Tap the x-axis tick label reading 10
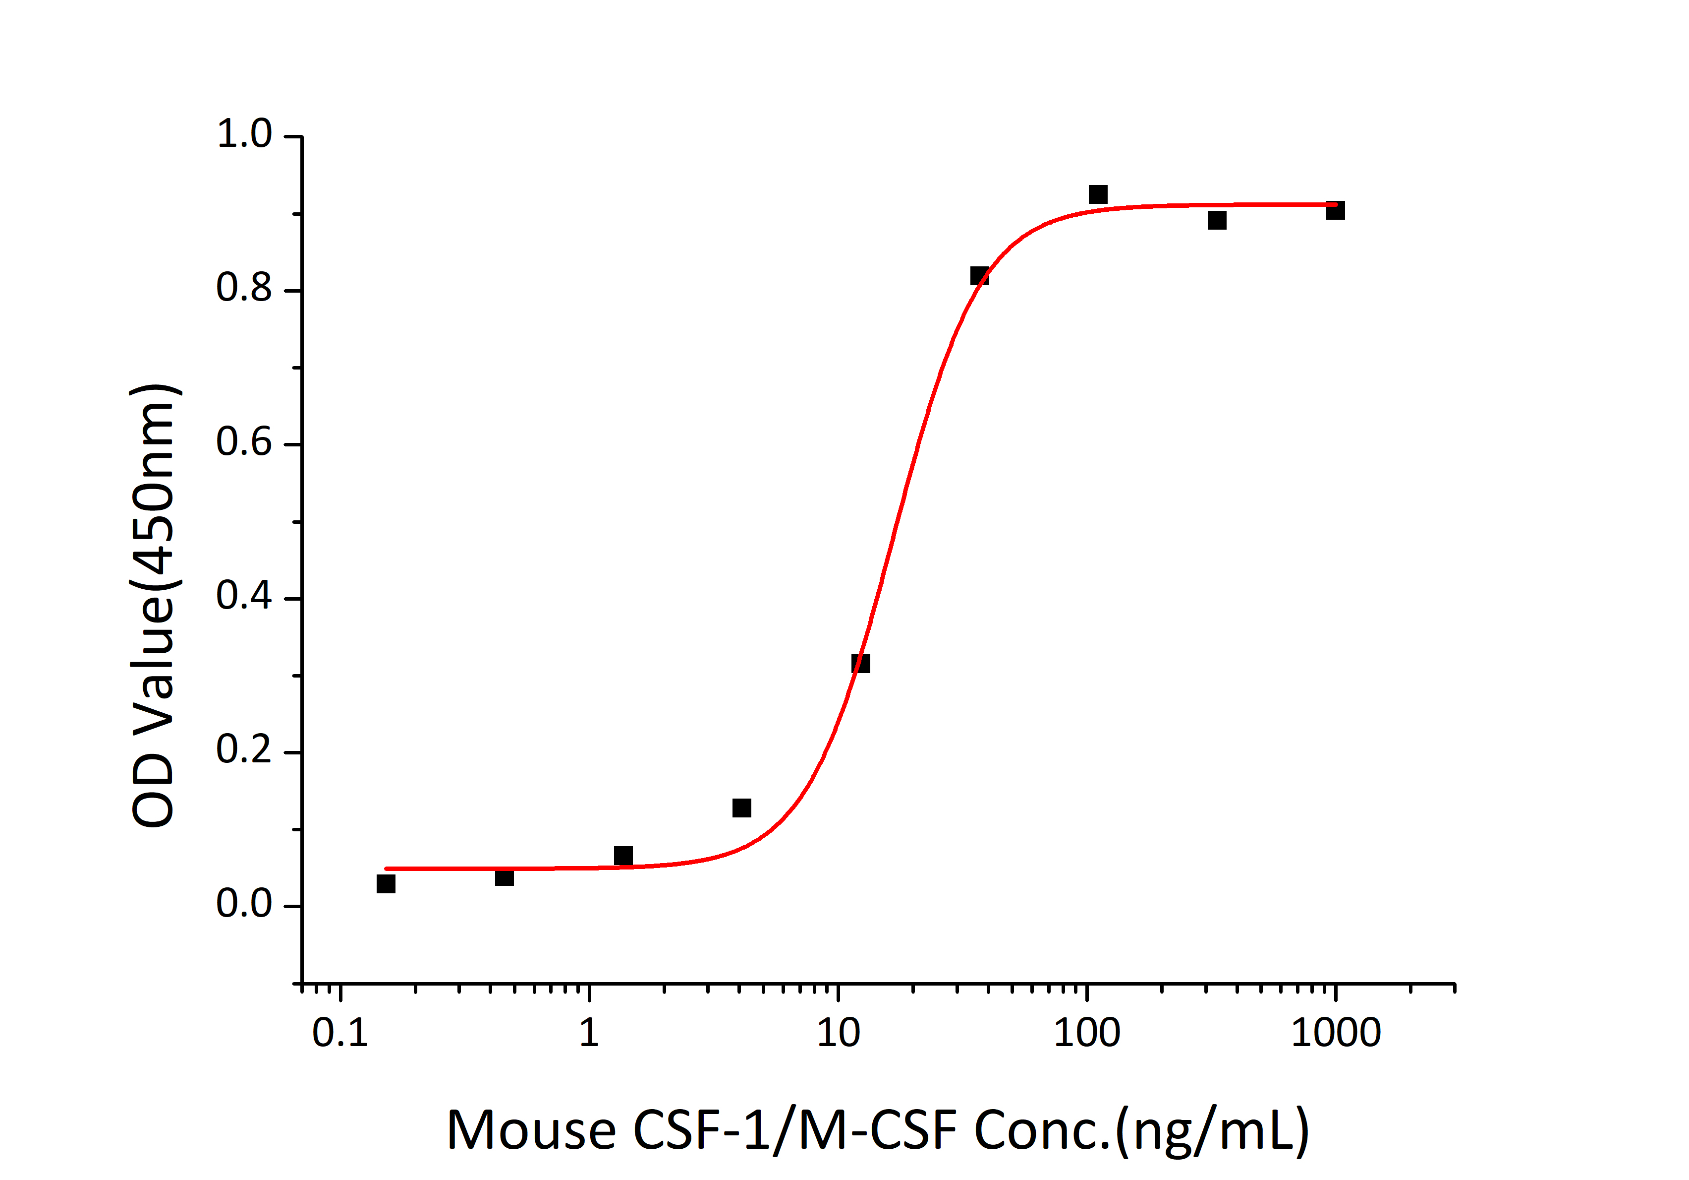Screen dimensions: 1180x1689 click(x=838, y=1033)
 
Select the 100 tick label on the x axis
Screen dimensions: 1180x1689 click(x=1086, y=1033)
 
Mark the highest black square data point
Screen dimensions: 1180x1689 click(x=1098, y=194)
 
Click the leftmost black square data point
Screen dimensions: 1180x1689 click(x=386, y=883)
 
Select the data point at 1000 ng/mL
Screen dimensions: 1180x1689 click(x=1335, y=210)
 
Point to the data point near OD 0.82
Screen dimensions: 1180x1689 click(x=979, y=276)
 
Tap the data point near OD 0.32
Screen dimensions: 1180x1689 click(x=860, y=663)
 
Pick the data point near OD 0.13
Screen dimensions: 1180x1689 click(x=741, y=807)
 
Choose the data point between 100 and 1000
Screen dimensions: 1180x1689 click(x=1217, y=220)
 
